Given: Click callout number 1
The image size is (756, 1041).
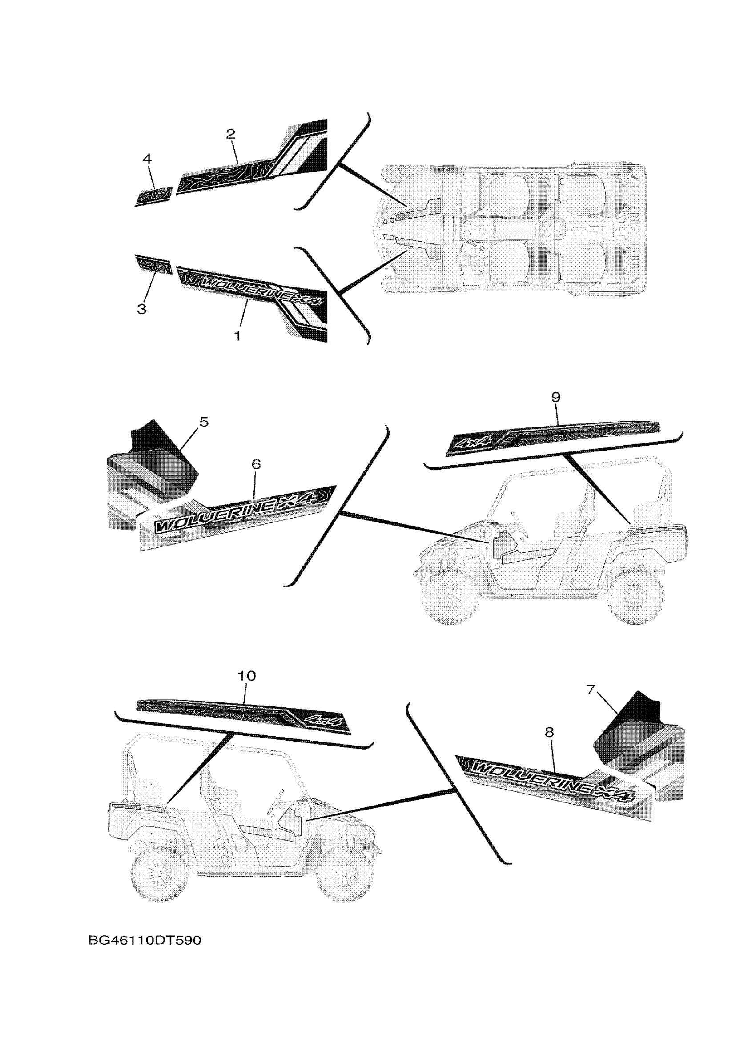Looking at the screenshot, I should coord(237,336).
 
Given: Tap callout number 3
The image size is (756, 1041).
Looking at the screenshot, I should coord(142,309).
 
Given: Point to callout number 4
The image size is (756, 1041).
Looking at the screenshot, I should coord(146,159).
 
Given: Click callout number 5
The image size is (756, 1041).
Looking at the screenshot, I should coord(204,421).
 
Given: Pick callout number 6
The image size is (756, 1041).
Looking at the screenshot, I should coord(256,464).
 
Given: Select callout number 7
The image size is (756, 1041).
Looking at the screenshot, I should coord(591,702).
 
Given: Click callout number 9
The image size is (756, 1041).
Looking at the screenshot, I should coord(556,398).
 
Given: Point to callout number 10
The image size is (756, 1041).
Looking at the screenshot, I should coord(247,676).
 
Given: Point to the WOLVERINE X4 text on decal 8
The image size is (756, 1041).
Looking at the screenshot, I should coord(551,780).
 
